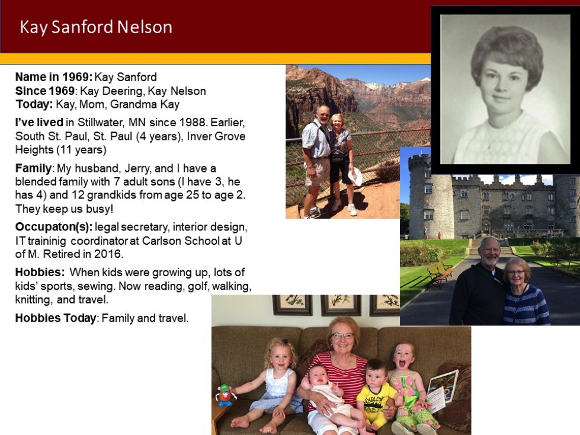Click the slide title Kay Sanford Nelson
click(96, 27)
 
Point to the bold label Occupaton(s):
click(54, 227)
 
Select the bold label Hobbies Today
click(56, 318)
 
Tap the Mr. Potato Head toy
click(225, 395)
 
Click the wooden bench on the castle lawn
click(440, 274)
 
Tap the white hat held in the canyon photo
click(356, 177)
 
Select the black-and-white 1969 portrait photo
click(505, 89)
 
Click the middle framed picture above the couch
click(341, 305)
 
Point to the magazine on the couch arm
click(443, 391)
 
